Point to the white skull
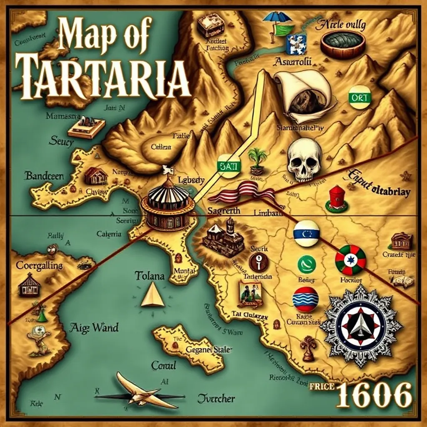pyautogui.click(x=305, y=160)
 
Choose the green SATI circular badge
pyautogui.click(x=228, y=166)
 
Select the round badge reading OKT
pyautogui.click(x=359, y=97)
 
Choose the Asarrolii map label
pyautogui.click(x=293, y=62)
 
